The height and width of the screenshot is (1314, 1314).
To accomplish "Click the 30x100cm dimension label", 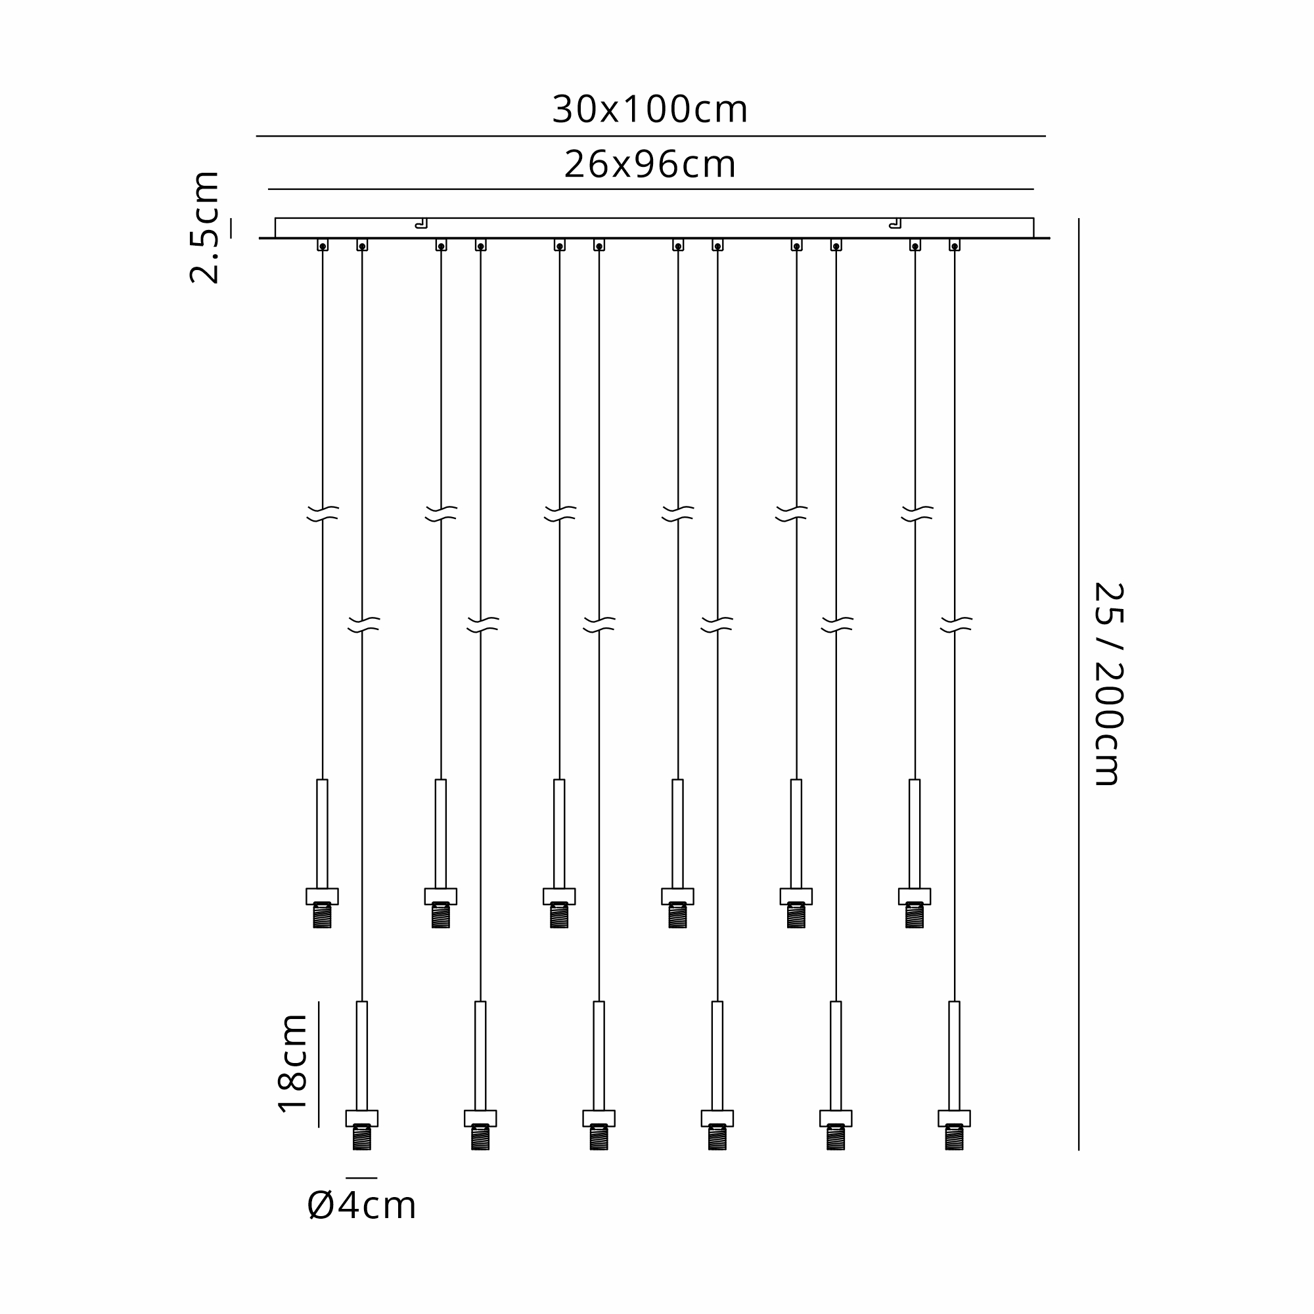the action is (650, 109).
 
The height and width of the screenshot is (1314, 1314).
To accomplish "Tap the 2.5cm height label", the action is (205, 227).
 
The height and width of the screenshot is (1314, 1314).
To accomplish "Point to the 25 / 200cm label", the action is (1108, 684).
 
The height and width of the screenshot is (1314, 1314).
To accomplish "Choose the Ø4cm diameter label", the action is (361, 1206).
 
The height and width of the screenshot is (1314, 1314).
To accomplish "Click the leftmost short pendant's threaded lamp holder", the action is (323, 915).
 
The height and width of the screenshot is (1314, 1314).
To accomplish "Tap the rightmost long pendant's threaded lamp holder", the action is (954, 1137).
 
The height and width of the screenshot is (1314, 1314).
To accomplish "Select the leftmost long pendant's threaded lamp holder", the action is (362, 1137).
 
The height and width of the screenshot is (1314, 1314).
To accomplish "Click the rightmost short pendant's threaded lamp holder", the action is (915, 915).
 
